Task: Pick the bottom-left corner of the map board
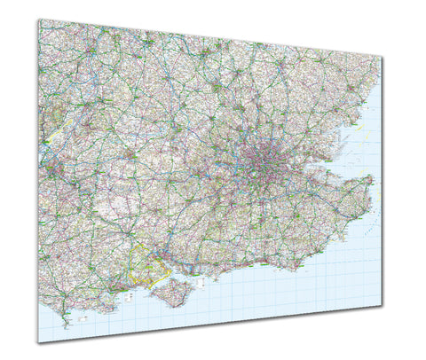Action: (x=38, y=341)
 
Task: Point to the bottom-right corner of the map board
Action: (x=383, y=306)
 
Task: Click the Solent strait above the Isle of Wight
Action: (x=164, y=278)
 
